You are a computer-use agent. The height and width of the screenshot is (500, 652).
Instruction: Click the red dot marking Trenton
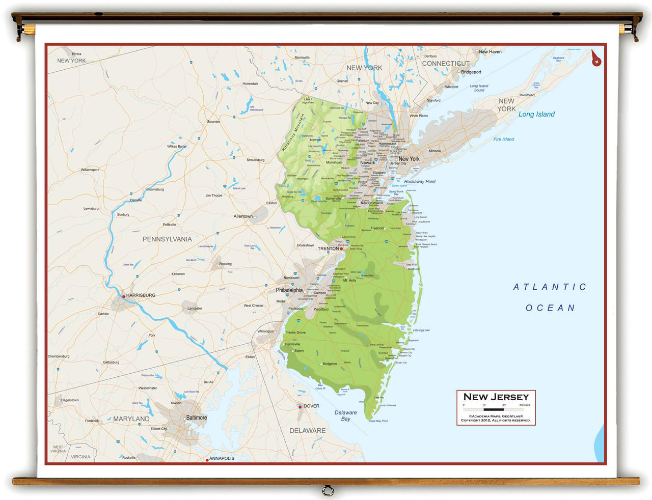point(341,248)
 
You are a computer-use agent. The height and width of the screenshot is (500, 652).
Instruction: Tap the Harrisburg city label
point(141,295)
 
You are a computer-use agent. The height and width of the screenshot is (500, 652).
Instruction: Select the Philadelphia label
point(289,290)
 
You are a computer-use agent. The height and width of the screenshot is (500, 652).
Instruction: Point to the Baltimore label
point(197,418)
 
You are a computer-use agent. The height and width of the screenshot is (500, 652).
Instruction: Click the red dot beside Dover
point(300,407)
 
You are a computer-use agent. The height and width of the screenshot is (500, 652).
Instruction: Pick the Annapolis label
point(222,458)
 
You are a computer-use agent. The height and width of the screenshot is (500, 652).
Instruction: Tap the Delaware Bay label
point(345,415)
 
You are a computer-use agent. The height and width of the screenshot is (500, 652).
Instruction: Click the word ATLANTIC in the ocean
point(550,287)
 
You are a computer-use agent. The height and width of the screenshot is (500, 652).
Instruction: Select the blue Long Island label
point(536,115)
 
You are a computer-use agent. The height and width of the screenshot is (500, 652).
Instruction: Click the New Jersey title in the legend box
point(496,397)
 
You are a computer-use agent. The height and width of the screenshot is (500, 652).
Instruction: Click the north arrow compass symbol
point(596,59)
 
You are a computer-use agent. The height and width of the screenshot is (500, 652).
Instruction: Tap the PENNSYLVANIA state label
point(167,239)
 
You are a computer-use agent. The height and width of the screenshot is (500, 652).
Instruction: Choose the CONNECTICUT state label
point(446,64)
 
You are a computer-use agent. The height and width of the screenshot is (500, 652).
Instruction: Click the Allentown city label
point(243,216)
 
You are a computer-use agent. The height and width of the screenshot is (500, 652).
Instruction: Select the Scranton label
point(213,122)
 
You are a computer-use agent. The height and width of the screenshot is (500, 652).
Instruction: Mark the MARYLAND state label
point(131,419)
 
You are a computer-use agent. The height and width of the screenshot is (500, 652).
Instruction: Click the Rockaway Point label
point(420,182)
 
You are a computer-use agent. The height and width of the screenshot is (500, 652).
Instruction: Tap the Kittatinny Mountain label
point(294,132)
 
